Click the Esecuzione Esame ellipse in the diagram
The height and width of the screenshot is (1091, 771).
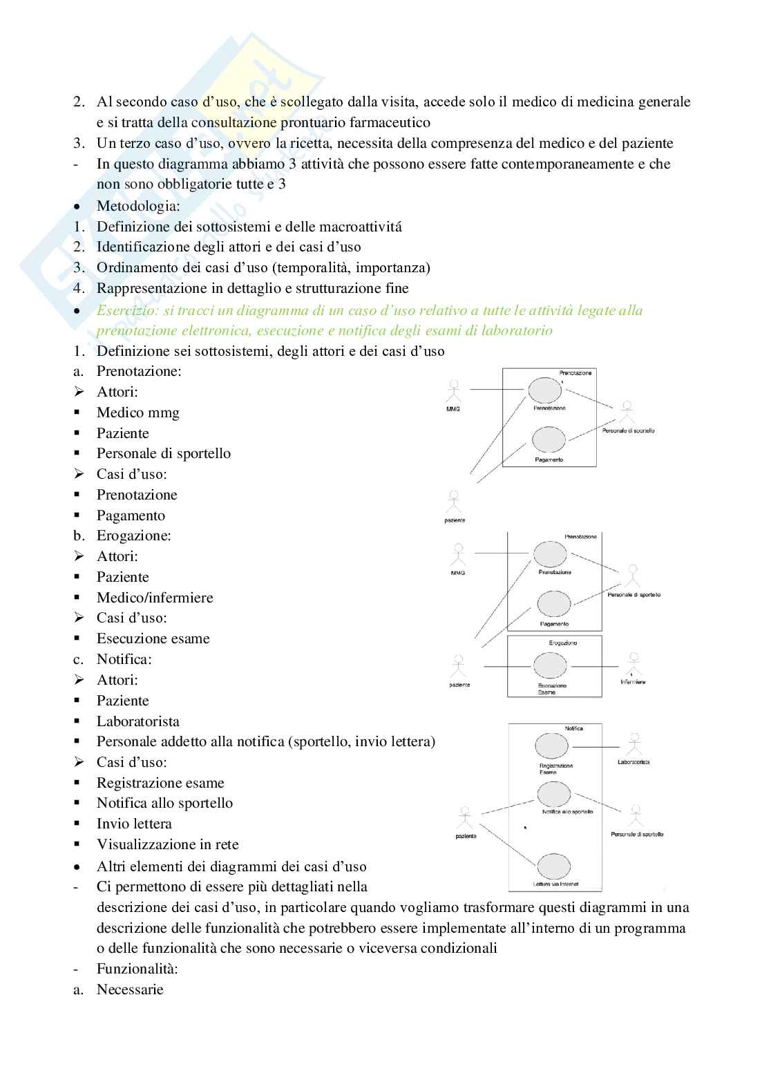pos(550,666)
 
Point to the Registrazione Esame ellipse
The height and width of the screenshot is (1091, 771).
pos(551,746)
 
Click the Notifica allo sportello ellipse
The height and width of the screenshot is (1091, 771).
pos(553,794)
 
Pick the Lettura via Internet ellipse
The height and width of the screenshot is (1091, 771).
pos(553,866)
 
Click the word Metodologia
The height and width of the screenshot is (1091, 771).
pos(138,206)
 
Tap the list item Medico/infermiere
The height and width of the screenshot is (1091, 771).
pos(155,598)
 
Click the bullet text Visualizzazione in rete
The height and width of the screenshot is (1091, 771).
pos(167,844)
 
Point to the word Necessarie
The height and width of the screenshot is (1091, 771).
pos(130,989)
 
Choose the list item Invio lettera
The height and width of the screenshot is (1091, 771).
pos(134,824)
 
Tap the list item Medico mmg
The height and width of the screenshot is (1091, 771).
pos(138,412)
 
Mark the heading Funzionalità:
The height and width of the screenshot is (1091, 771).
pos(137,969)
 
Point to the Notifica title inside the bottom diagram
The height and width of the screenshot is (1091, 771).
pos(573,728)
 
